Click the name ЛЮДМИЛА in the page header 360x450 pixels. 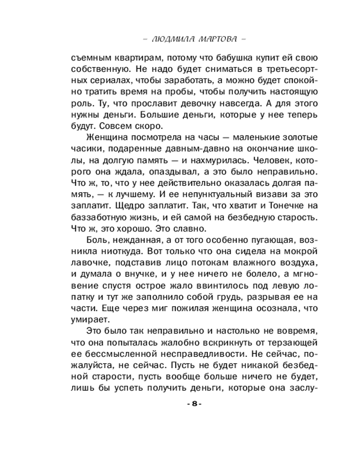(172, 39)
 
